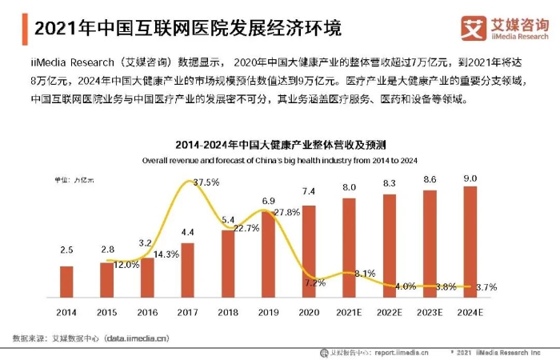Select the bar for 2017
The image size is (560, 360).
coord(188,269)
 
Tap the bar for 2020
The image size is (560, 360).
coord(310,248)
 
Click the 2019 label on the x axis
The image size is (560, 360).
coord(269,310)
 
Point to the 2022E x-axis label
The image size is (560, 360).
coord(390,310)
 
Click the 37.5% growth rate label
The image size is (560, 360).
coord(206,182)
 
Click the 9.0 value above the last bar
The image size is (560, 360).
coord(470,178)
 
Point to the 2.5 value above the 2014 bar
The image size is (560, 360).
coord(66,251)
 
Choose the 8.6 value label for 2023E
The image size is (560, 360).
coord(430,180)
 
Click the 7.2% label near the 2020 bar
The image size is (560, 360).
coord(315,282)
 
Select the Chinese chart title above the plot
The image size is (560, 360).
coord(281,146)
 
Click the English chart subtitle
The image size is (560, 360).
coord(281,160)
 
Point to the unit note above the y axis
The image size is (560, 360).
coord(74,180)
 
